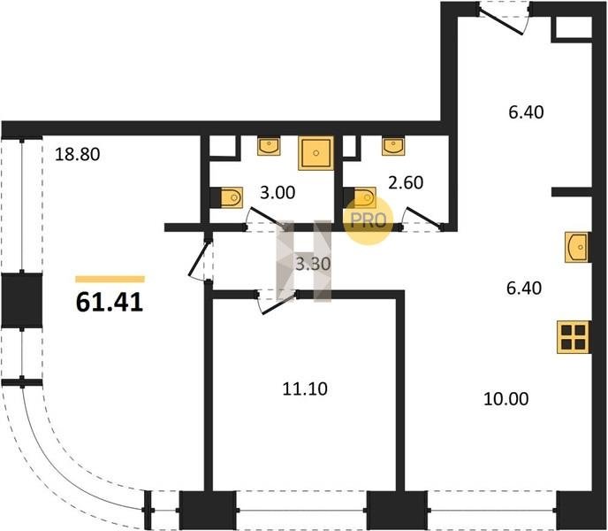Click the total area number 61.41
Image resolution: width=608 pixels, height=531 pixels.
click(x=110, y=302)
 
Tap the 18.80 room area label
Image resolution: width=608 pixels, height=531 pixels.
click(x=77, y=154)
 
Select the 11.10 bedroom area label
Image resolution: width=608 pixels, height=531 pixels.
click(x=305, y=389)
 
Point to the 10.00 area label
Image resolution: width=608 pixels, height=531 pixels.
click(x=506, y=399)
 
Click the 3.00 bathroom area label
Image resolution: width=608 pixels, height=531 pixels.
click(x=277, y=193)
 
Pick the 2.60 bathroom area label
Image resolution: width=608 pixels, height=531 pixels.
click(x=406, y=182)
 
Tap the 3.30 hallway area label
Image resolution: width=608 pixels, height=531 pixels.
click(x=313, y=264)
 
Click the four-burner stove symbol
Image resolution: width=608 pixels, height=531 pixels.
click(x=574, y=337)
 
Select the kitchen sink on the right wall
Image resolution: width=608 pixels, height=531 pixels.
click(x=577, y=247)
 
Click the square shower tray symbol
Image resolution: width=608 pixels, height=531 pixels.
click(x=316, y=152)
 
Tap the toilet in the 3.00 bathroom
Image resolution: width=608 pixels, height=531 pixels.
click(x=232, y=197)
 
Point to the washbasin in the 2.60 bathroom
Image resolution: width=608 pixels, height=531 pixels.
click(x=392, y=146)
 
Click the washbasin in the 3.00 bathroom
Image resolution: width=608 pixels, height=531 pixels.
click(x=269, y=146)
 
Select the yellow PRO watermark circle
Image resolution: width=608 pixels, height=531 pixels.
click(x=369, y=220)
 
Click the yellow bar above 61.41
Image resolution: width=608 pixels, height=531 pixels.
click(x=110, y=279)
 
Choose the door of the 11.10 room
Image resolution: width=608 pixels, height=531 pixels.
click(x=276, y=302)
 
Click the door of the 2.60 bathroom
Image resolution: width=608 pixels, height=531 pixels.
click(x=422, y=219)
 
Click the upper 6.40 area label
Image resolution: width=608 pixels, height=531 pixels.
click(x=526, y=112)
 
